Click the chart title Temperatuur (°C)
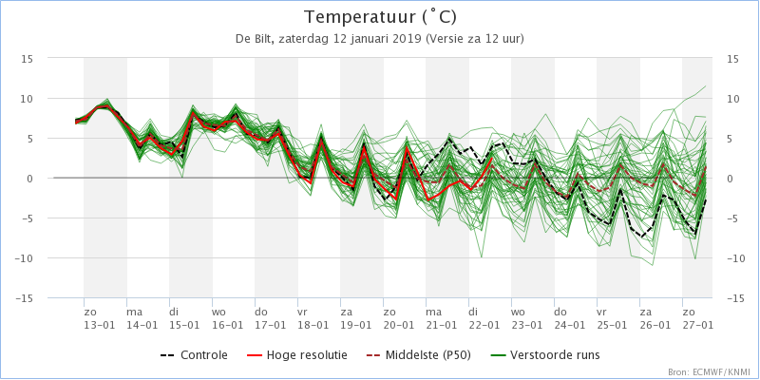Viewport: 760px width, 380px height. [x=380, y=17]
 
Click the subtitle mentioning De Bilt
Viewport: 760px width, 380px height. [x=380, y=39]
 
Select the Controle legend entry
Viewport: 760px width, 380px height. [x=194, y=355]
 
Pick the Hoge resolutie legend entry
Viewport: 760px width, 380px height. [x=296, y=355]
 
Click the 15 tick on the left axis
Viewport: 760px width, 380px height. [x=28, y=58]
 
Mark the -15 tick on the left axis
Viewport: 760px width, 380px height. [x=26, y=298]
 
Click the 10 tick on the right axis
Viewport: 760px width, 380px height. [x=731, y=99]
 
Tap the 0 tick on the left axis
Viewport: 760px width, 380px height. [x=31, y=179]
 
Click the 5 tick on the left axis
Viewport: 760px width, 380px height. [x=31, y=139]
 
